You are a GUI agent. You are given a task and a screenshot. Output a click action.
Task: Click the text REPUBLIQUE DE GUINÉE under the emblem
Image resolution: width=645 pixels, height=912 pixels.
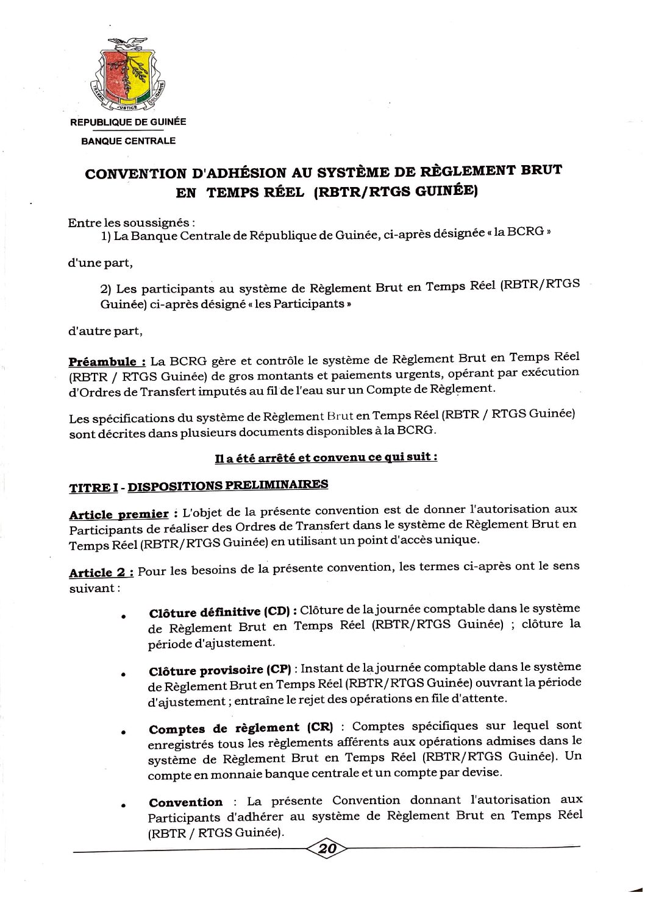pos(129,122)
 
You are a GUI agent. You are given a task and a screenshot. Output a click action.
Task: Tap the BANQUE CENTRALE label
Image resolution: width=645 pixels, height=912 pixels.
pos(129,141)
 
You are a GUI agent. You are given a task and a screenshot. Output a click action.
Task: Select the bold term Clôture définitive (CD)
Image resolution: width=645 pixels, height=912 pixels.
pos(223,612)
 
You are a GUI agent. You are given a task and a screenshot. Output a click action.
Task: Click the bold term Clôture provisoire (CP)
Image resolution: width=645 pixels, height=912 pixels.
pos(220,671)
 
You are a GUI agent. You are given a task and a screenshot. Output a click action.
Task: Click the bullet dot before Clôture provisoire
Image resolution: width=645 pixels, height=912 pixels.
pos(123,675)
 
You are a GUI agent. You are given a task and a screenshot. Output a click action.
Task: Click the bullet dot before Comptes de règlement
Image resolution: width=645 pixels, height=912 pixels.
pos(123,733)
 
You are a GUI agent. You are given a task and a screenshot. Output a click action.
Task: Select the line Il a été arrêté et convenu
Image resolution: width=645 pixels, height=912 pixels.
pos(326,458)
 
